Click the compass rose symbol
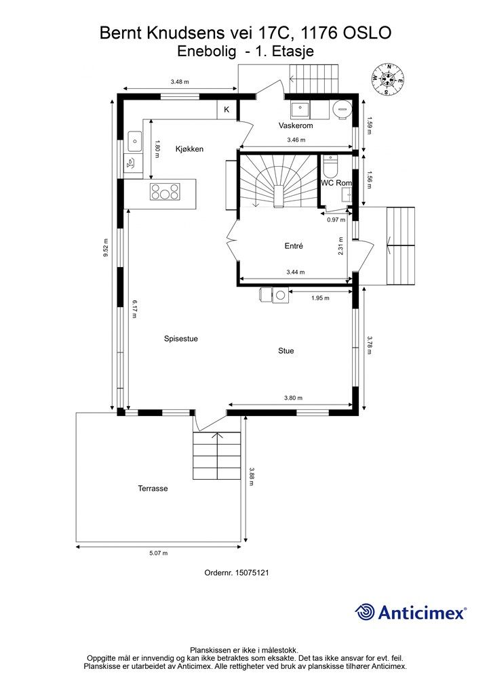point(387,80)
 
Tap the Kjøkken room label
point(189,149)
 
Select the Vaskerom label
point(296,125)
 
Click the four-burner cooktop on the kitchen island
point(165,192)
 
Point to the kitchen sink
point(134,141)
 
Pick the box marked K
point(227,110)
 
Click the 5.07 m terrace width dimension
point(159,553)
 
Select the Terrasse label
point(153,489)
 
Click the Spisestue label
point(180,339)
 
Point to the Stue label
point(286,351)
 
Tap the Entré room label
point(294,246)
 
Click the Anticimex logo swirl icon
point(365,612)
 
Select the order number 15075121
point(252,573)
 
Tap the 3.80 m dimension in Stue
point(293,398)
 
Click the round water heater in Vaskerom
point(342,108)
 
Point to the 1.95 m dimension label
point(320,298)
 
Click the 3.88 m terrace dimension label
point(252,476)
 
